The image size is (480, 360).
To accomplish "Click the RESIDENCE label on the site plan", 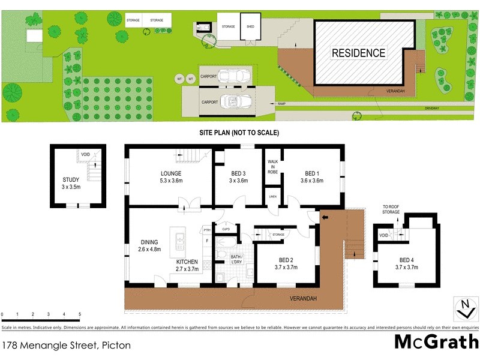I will pos(359,53).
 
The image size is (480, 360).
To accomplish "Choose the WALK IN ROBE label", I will pos(272,166).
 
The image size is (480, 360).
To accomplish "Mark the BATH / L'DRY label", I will pos(236,258).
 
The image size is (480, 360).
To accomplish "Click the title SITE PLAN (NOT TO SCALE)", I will pos(239,133).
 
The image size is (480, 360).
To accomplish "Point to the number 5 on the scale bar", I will pos(80,314).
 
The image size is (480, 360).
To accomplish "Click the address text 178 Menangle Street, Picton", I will pos(66,345).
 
